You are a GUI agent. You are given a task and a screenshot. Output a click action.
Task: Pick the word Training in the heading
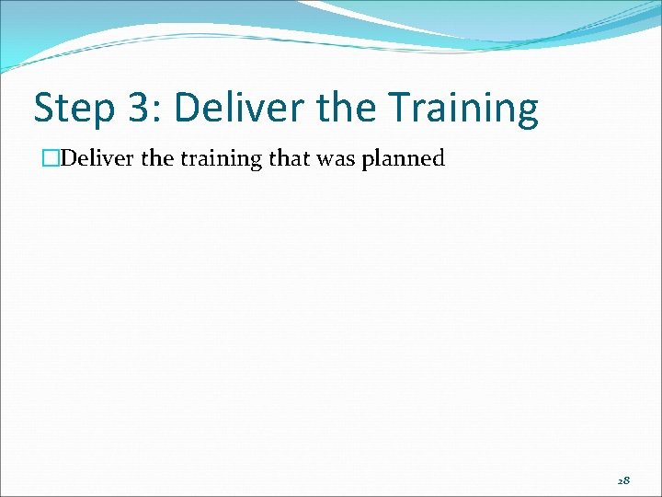(463, 109)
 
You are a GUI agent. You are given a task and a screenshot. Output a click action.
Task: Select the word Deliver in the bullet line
(80, 158)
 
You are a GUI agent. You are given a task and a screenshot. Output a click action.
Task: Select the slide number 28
(624, 480)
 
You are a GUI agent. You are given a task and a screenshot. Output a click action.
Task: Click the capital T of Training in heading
(398, 109)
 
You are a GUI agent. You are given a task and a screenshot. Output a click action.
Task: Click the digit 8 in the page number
(628, 480)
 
